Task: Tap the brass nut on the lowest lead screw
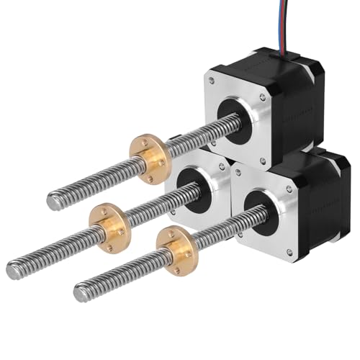pos(175,249)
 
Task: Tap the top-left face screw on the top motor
pos(212,81)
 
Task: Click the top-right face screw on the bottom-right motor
pos(289,189)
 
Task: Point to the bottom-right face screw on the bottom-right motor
pos(289,252)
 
